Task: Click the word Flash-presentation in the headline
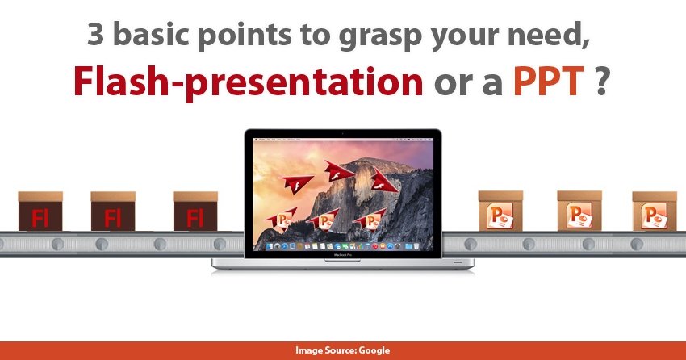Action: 248,82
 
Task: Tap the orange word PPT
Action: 549,82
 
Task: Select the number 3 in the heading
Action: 96,34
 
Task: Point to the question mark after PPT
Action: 601,82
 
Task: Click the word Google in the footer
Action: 374,350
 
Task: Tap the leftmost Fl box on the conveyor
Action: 40,211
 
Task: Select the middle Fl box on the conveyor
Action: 113,211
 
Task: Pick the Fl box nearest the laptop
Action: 195,211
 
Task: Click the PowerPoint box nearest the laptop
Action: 500,211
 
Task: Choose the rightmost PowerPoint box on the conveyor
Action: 655,211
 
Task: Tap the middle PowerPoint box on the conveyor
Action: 579,211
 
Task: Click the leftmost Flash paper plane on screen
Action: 296,183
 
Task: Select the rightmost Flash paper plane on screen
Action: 383,181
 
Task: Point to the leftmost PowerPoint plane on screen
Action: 282,218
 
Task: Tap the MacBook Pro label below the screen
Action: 342,254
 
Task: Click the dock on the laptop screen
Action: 343,247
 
